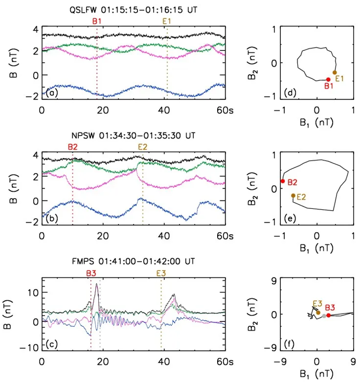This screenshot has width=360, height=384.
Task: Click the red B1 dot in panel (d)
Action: [x=328, y=79]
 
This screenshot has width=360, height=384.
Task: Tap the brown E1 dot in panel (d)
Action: [x=335, y=72]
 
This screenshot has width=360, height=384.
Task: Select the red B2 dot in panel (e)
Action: [x=283, y=181]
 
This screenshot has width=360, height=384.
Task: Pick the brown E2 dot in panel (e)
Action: [x=293, y=195]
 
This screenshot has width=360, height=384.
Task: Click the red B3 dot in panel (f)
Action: [x=328, y=315]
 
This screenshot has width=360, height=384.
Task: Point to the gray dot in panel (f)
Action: [x=324, y=316]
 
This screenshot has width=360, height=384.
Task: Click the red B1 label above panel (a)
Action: [x=97, y=21]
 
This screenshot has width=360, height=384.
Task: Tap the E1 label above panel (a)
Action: [x=167, y=21]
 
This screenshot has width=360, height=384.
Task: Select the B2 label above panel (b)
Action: [x=73, y=147]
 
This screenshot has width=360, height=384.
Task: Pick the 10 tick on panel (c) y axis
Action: [x=32, y=292]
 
